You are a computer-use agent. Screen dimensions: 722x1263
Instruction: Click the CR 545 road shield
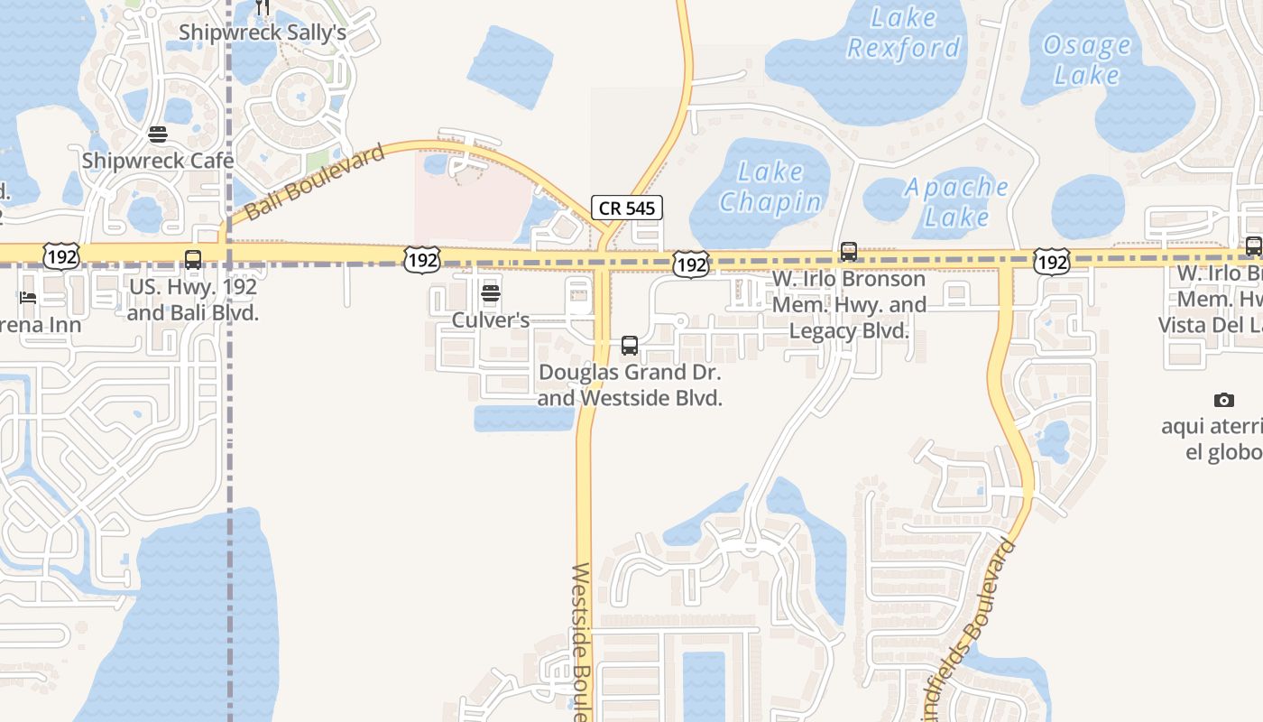click(627, 208)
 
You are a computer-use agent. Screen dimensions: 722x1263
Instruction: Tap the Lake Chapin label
click(770, 187)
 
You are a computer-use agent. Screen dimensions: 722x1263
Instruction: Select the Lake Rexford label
click(904, 32)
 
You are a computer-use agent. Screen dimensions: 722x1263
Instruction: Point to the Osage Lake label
click(1086, 60)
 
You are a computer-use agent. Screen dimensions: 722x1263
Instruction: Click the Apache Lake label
click(956, 202)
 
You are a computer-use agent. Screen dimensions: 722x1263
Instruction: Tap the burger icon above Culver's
click(491, 292)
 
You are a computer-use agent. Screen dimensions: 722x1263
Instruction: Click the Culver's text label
click(490, 320)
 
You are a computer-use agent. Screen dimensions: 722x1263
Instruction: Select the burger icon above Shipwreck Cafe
click(158, 135)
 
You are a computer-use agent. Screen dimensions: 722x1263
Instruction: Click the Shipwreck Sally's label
click(263, 32)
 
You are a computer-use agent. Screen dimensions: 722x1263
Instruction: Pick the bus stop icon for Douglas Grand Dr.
click(630, 345)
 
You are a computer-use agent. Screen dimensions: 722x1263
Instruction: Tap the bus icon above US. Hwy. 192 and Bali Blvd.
click(193, 260)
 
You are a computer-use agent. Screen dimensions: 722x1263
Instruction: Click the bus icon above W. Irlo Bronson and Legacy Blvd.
click(849, 252)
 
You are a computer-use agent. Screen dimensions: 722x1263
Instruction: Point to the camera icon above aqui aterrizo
click(1223, 400)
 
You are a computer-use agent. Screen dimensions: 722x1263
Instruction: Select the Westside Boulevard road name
click(581, 641)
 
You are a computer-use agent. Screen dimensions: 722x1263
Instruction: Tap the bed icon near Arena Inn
click(28, 298)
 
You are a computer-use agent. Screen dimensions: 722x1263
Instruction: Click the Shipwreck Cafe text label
click(158, 162)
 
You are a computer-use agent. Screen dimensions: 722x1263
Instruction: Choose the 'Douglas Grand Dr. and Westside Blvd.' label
click(630, 384)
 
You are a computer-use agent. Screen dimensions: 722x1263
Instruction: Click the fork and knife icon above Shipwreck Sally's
click(263, 7)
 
